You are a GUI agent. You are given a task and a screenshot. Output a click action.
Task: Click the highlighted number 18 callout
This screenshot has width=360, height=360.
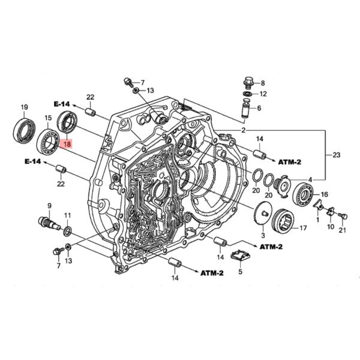point(67,144)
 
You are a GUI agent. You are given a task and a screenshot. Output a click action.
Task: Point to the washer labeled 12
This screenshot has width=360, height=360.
point(247,94)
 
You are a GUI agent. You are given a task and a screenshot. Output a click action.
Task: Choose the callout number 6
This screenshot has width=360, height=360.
point(259,108)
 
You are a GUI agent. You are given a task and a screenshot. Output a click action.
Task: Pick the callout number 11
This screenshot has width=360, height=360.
point(67,215)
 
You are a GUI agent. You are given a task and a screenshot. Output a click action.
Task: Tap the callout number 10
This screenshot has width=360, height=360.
point(330,227)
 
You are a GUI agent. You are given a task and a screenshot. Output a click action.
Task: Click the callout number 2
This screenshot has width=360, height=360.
point(244,130)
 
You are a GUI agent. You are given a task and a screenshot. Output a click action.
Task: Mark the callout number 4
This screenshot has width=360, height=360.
point(310,179)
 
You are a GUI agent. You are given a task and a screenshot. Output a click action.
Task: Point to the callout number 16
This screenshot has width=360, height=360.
point(325,194)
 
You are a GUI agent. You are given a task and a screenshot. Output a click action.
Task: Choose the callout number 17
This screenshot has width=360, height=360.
point(303,228)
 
